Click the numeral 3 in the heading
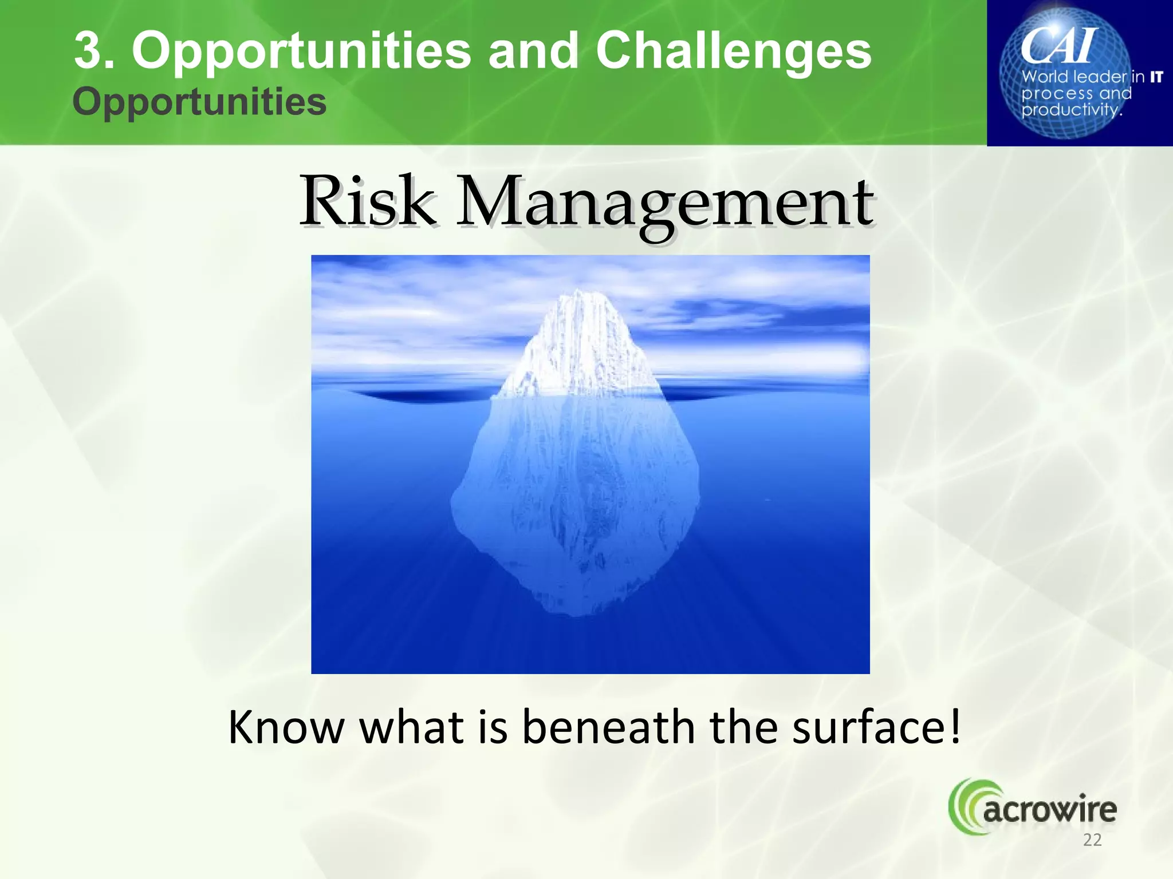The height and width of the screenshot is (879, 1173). coord(92,52)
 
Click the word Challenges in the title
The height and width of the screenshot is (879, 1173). coord(733,52)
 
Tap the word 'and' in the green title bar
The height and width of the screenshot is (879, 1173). coord(533,52)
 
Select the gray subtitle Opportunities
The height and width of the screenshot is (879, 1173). coord(199,102)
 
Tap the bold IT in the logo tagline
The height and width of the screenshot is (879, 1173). coord(1156,77)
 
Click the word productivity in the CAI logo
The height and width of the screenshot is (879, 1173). coord(1070,110)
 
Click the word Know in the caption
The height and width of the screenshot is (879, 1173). coord(286,727)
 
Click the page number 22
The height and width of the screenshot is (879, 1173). coord(1092,840)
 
